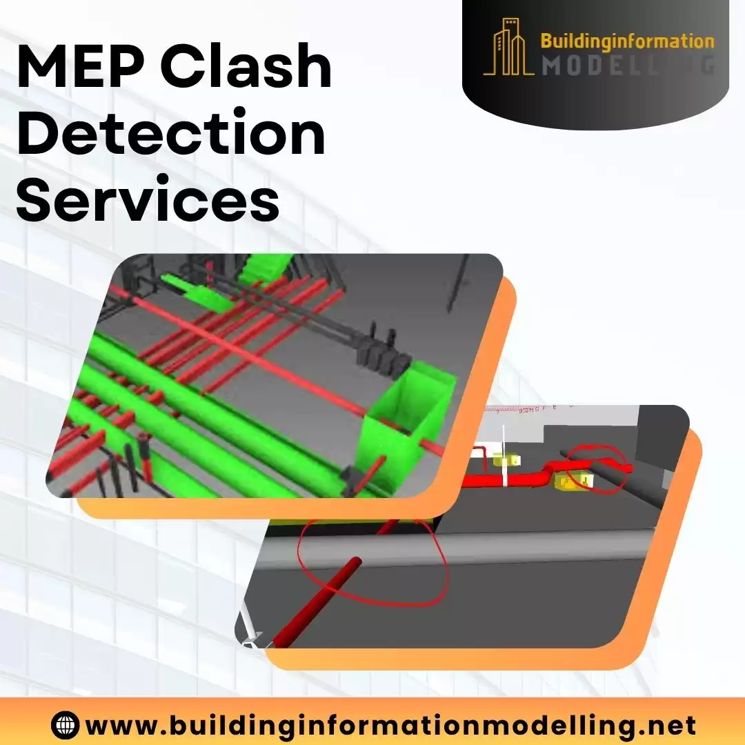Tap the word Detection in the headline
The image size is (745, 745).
pyautogui.click(x=171, y=135)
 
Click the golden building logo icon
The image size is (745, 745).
pyautogui.click(x=509, y=46)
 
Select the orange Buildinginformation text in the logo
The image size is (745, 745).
pyautogui.click(x=627, y=41)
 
